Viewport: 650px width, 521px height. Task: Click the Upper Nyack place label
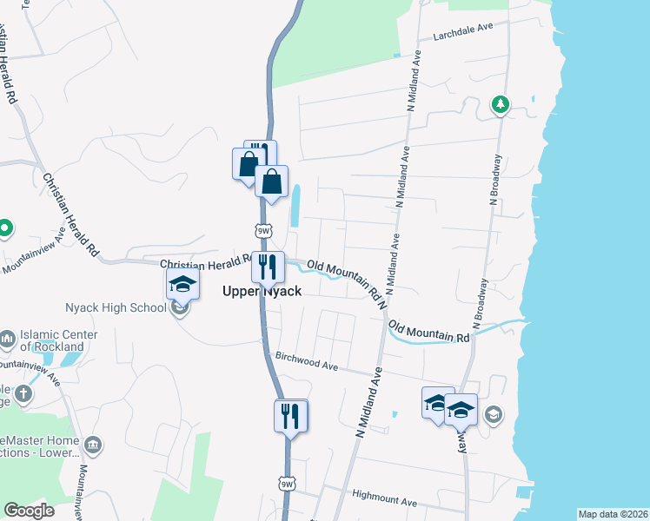[262, 292]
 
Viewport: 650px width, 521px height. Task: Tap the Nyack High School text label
[116, 307]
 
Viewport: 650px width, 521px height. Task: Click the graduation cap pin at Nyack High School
[183, 283]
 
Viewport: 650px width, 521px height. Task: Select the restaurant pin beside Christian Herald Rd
[267, 266]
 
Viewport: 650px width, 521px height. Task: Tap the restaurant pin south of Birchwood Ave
[291, 415]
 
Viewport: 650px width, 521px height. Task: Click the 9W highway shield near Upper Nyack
[264, 231]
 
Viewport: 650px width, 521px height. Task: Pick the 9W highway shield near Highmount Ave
[287, 483]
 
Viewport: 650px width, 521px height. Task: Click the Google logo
[29, 510]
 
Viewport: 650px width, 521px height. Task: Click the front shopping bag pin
[272, 182]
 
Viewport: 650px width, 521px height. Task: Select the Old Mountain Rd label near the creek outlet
[429, 331]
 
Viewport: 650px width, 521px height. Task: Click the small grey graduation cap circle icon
[494, 415]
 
